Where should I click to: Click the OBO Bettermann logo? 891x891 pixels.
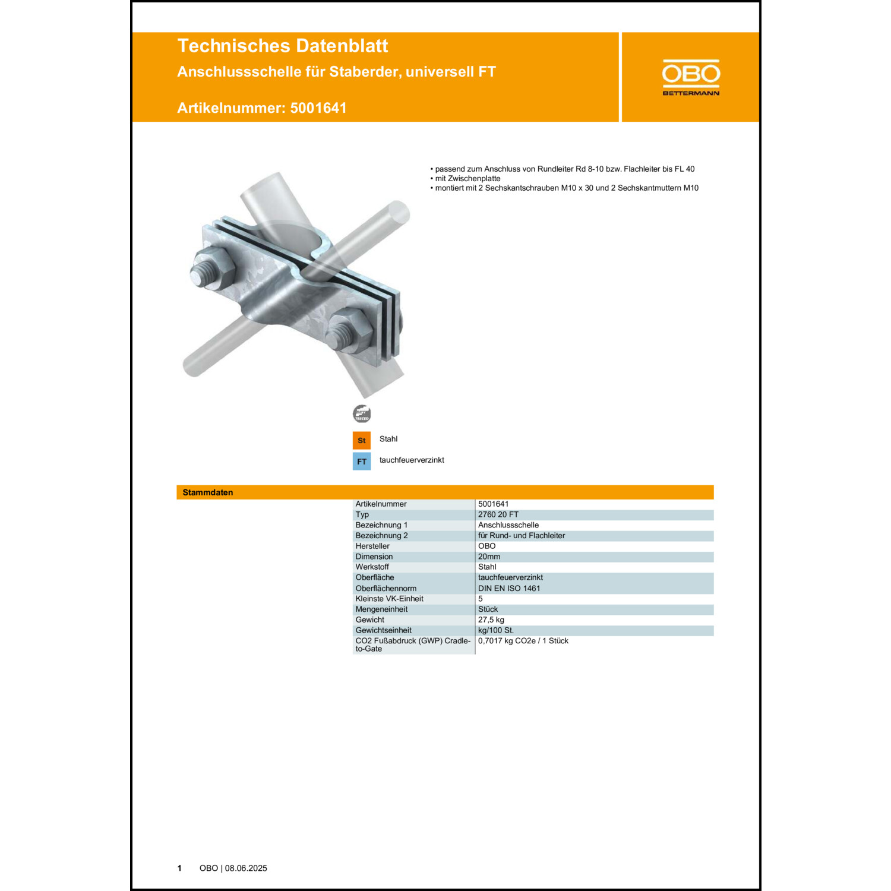coord(691,77)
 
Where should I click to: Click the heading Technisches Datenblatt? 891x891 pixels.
coord(282,46)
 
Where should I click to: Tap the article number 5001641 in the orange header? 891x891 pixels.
coord(318,108)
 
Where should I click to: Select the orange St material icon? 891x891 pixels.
coord(361,440)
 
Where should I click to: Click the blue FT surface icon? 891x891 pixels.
coord(361,462)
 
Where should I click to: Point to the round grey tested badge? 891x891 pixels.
coord(361,413)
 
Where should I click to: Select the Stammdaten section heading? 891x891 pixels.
coord(207,492)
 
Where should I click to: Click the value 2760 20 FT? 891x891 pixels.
coord(498,514)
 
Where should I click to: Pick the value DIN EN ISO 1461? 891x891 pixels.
coord(509,588)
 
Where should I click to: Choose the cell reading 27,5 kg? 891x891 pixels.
coord(491,620)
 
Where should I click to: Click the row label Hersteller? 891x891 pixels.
coord(372,546)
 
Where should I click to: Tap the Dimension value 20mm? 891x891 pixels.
coord(489,557)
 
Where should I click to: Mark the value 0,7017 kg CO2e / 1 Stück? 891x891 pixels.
coord(523,641)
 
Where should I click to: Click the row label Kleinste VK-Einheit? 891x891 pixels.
coord(389,599)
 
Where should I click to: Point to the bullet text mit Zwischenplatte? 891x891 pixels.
coord(467,178)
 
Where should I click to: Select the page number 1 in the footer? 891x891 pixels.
coord(179,868)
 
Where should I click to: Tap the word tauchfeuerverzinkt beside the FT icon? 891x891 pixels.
coord(412,460)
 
